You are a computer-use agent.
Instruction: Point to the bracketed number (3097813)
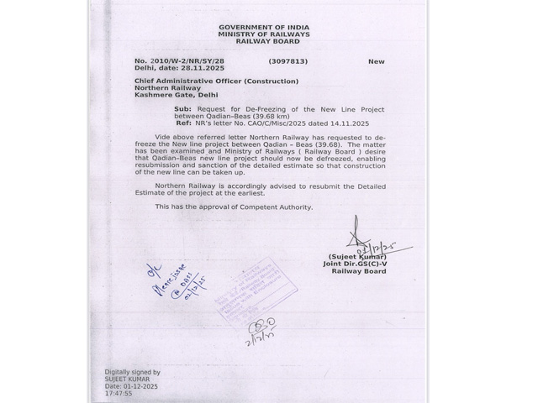[x=288, y=61]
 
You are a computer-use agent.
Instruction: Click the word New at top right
[x=376, y=61]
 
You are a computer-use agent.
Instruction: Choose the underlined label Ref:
[x=182, y=122]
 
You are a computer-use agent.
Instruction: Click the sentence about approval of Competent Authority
[x=234, y=207]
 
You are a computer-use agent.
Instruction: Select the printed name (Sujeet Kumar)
[x=354, y=257]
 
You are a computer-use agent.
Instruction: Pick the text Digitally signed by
[x=132, y=371]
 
